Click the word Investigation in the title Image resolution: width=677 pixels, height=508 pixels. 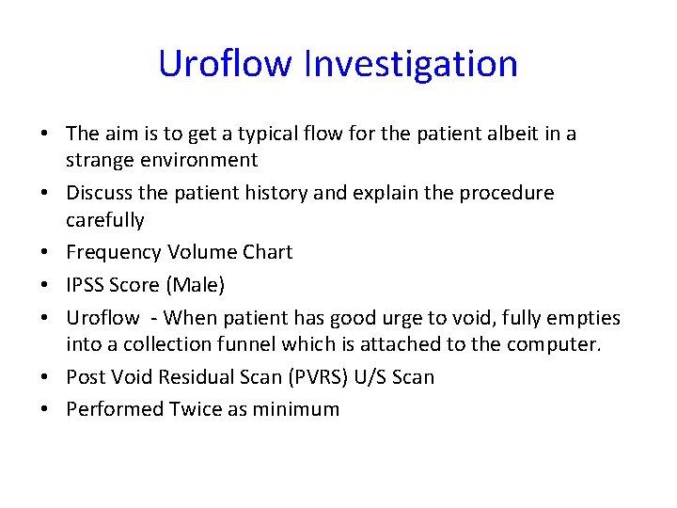(x=411, y=64)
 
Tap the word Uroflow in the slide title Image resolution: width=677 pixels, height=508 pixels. (x=225, y=64)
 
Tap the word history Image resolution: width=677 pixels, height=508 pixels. (x=274, y=193)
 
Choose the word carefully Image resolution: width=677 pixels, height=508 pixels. (x=105, y=220)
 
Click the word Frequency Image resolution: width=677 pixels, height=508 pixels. (x=114, y=252)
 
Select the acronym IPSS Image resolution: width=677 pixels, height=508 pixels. (x=87, y=284)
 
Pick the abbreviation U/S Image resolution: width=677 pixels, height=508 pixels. (x=365, y=377)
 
